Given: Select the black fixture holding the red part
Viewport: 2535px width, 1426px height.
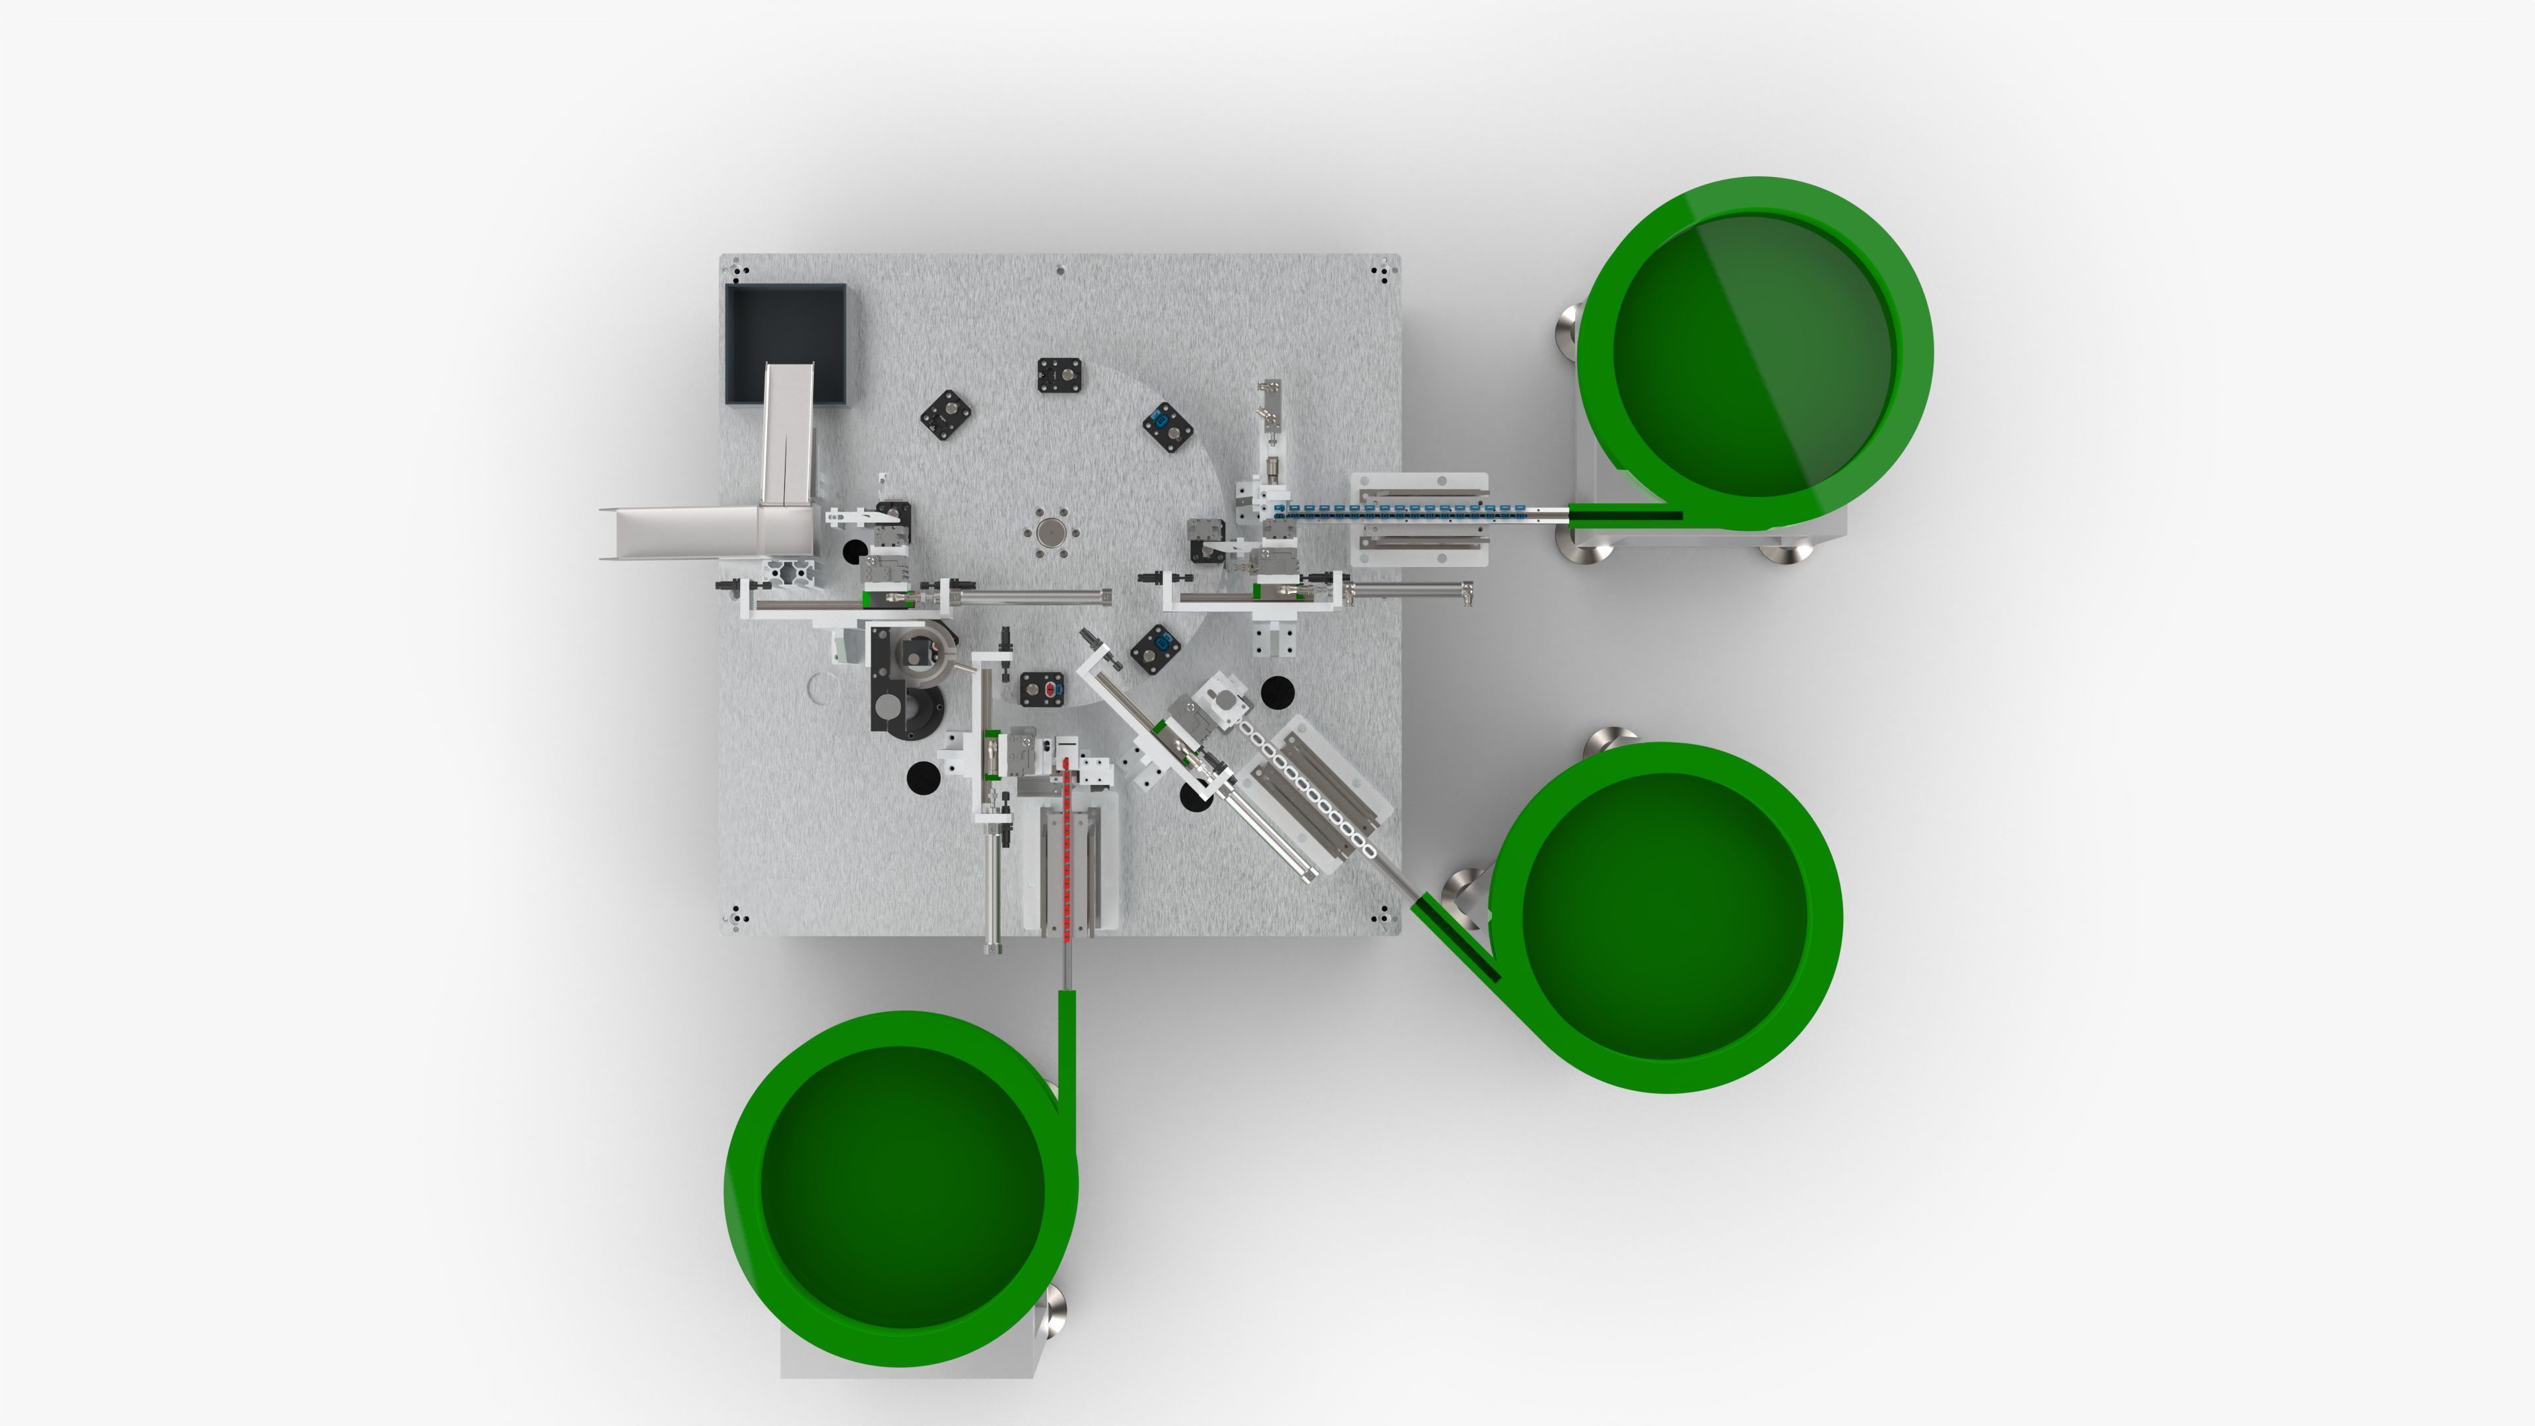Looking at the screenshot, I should pos(1044,690).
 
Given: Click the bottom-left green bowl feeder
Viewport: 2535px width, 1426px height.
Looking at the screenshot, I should pos(901,1187).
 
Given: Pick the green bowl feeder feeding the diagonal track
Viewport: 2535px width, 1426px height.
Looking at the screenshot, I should pos(1665,916).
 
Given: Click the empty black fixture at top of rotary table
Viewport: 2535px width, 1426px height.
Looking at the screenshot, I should pos(1060,375).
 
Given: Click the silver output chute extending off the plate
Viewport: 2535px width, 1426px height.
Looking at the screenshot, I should pos(679,532).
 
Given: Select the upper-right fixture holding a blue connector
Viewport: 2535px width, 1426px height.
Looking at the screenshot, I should pos(1168,426).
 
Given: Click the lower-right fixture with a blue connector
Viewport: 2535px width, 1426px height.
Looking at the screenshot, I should pos(1157,648).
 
